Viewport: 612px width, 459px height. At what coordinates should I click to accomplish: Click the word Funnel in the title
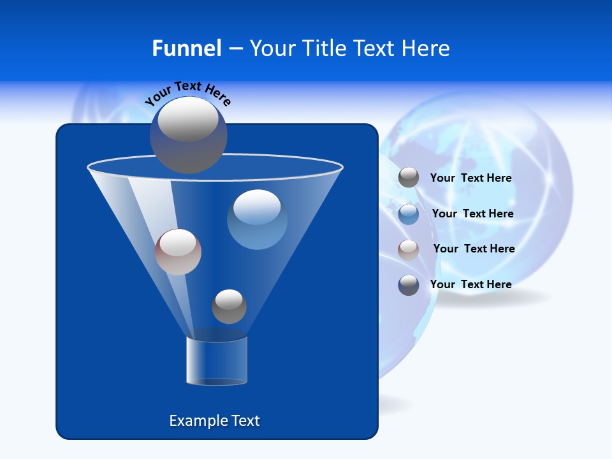(x=186, y=48)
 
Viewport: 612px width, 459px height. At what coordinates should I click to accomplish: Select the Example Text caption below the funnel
(x=214, y=421)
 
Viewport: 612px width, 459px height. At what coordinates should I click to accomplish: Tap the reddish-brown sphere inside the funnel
(x=178, y=252)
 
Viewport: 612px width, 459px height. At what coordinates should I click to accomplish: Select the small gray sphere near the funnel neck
(x=229, y=307)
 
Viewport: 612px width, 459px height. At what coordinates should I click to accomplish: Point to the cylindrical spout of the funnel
(x=216, y=361)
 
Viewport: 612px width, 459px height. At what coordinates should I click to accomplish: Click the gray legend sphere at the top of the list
(x=409, y=178)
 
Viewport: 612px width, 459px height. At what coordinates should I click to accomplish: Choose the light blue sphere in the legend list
(x=409, y=214)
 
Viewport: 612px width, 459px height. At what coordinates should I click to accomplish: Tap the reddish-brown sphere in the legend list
(x=409, y=249)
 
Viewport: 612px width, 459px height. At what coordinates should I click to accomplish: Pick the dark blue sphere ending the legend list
(x=409, y=285)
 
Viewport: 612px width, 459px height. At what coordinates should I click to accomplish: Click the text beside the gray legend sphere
(x=470, y=178)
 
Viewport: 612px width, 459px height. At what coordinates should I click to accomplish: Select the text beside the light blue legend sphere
(x=472, y=214)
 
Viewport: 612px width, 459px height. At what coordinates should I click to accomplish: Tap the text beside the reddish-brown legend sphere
(x=474, y=249)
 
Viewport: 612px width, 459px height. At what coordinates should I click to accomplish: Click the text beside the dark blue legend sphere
(x=470, y=284)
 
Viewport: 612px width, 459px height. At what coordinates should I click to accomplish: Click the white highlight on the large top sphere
(x=187, y=120)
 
